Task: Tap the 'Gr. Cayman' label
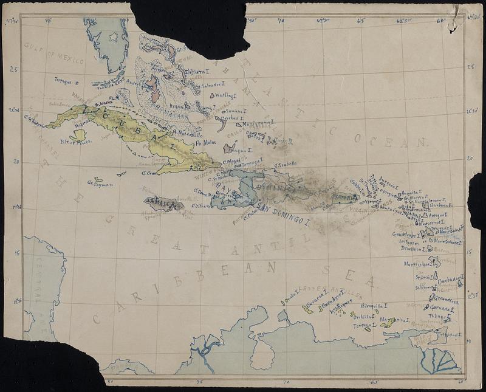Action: (x=97, y=182)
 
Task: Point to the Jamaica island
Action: (x=163, y=204)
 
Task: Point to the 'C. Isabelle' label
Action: (x=285, y=164)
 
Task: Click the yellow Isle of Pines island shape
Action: (x=78, y=134)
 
